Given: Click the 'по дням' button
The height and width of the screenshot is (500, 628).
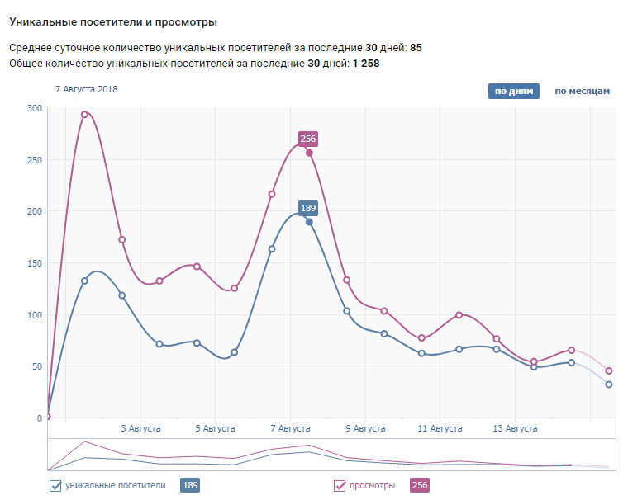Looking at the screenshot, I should (513, 91).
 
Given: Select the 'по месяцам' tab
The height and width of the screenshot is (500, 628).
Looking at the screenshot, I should (582, 91).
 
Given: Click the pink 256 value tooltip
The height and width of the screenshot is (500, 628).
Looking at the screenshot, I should (309, 139).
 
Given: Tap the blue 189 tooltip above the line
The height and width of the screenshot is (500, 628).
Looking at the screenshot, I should (308, 208).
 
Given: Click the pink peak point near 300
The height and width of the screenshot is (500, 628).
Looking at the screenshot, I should (84, 115).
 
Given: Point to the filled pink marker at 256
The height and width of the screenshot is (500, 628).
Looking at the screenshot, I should (309, 153).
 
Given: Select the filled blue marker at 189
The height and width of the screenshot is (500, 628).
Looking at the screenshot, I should (309, 222).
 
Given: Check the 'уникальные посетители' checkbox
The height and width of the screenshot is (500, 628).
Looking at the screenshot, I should (55, 486).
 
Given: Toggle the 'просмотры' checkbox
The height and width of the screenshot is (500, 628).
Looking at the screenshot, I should (340, 486).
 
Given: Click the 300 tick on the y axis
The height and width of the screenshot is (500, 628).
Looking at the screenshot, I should (34, 108).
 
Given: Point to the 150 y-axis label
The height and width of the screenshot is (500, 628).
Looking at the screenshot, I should (34, 263).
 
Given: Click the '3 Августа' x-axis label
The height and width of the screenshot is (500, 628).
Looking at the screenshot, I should (140, 428).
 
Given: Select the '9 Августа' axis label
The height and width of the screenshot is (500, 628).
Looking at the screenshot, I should (365, 428).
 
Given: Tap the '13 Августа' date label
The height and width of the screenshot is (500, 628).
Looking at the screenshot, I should (515, 428).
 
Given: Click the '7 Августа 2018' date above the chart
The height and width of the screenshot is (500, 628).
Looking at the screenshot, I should (87, 89).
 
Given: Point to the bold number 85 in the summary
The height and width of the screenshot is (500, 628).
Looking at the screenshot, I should (416, 48).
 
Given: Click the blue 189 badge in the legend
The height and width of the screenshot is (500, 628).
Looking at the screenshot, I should (189, 486).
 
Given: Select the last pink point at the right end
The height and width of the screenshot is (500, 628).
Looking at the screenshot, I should (609, 370).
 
